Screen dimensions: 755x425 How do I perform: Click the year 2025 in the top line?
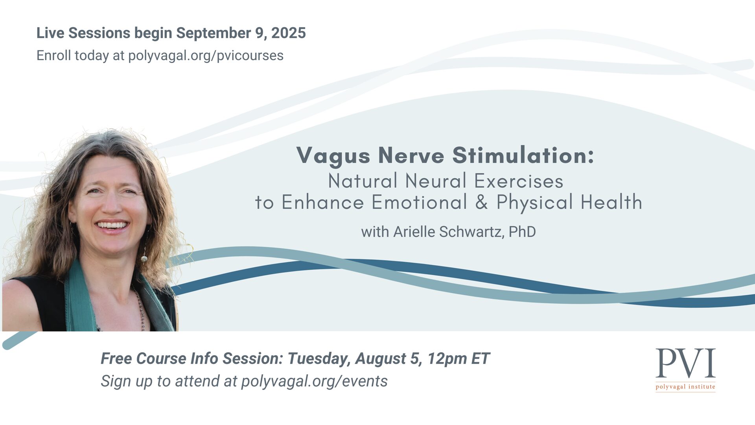click(288, 33)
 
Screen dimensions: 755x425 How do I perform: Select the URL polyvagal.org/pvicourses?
click(206, 56)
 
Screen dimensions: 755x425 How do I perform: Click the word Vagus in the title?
click(333, 156)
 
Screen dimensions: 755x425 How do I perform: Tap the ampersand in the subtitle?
click(482, 202)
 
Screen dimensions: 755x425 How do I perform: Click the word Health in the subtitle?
click(611, 202)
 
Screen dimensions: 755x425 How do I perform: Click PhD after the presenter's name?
click(522, 232)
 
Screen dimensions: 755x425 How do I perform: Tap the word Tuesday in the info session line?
click(319, 359)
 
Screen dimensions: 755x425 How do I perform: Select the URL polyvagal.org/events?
click(314, 381)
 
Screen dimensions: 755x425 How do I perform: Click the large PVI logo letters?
click(685, 363)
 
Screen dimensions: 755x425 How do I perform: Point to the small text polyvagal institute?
click(685, 387)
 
